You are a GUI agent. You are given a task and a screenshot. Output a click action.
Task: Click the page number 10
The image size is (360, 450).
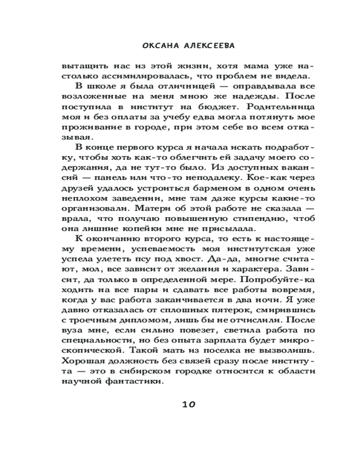[x=189, y=404]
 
